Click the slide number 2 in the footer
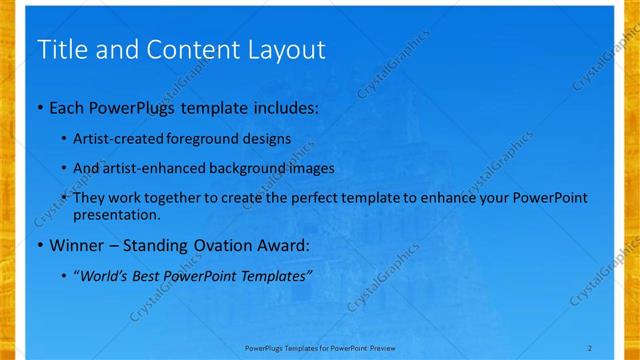tap(590, 347)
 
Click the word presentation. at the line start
tap(117, 214)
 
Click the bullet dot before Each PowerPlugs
tap(39, 106)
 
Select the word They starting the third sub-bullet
tap(90, 198)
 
